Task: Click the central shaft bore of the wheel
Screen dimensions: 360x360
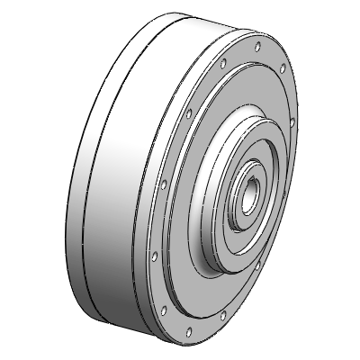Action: (249, 193)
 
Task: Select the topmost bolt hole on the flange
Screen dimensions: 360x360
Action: (258, 44)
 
